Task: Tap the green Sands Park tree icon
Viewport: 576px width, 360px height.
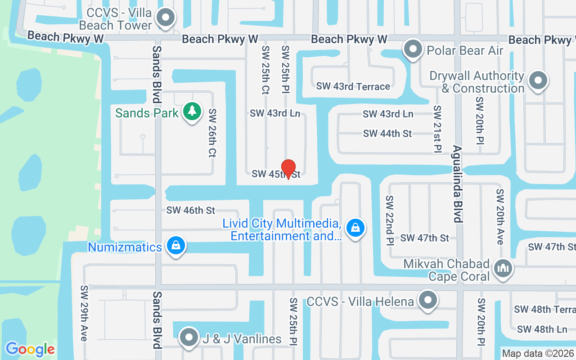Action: (192, 111)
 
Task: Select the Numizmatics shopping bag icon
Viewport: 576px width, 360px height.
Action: (176, 245)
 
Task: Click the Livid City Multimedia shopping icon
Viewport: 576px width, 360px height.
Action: (355, 227)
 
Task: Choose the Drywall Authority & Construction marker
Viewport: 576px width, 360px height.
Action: (538, 81)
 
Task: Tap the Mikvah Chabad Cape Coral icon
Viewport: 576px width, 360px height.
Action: (503, 268)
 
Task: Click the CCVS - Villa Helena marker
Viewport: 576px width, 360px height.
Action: (428, 299)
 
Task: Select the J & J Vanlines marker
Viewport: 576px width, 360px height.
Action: (189, 337)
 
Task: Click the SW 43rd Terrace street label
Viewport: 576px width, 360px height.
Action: (353, 86)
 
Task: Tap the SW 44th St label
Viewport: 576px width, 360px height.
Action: (387, 134)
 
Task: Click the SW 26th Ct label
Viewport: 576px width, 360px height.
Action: (212, 133)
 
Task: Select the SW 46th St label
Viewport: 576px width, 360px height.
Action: (191, 210)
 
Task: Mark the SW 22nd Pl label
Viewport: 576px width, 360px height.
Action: (389, 221)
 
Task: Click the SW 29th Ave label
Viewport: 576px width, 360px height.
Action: (84, 313)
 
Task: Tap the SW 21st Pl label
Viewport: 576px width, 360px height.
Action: (437, 130)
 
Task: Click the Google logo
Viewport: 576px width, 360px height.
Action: (30, 349)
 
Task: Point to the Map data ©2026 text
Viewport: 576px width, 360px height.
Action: (538, 354)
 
